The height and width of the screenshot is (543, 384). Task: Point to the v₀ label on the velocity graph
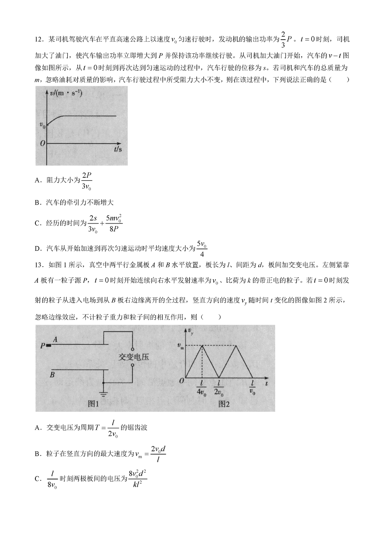tap(42, 125)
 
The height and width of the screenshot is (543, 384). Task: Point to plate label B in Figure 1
tap(52, 375)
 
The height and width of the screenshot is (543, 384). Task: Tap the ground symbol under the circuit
tap(102, 391)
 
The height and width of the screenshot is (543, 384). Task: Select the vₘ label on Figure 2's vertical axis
tap(181, 346)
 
